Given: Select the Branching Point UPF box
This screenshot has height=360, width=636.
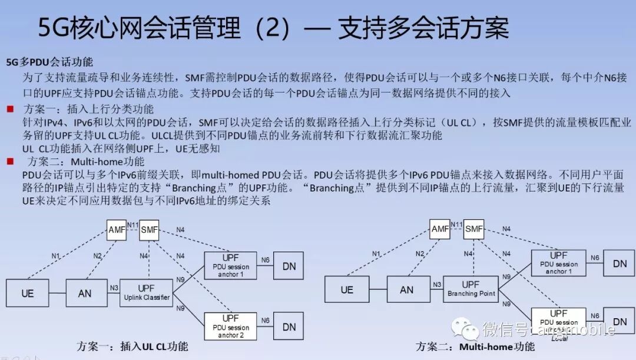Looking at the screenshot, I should coord(471,289).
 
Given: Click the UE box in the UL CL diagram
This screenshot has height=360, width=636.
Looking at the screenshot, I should coord(28,293).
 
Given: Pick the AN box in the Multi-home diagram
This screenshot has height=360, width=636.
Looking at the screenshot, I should coord(407,289).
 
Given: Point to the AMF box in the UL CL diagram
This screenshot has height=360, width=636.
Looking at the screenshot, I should coord(116,230).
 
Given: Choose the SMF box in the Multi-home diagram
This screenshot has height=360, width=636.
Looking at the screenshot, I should coord(473,229).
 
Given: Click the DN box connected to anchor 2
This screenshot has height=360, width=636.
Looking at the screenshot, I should coord(289,326).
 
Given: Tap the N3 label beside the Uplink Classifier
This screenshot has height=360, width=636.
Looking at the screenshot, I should coord(114,288).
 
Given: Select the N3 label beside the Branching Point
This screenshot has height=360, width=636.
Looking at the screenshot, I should coord(437,285).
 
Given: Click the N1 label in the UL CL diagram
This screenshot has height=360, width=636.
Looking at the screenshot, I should coord(56,256).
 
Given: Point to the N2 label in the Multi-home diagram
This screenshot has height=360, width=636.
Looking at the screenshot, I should coord(419,253).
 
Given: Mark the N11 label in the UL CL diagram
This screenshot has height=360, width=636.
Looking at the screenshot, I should coord(132,224).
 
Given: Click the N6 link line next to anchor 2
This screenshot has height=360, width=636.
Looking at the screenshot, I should coord(266,326).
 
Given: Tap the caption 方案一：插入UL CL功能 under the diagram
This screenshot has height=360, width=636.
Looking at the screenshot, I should coord(132,346).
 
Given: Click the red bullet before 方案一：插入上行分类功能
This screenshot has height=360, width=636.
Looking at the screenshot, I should coord(10,110).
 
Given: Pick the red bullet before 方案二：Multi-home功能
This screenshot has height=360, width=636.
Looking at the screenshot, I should coord(10,161).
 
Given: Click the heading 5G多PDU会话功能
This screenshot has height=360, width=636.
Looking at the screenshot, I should coord(49,62).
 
